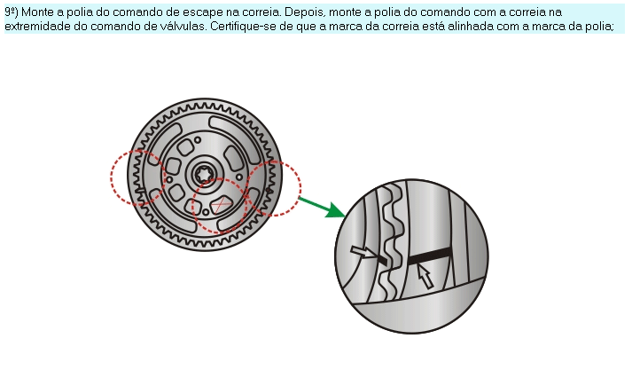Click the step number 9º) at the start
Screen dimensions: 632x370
[x=11, y=12]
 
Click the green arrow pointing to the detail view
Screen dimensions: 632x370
[x=321, y=207]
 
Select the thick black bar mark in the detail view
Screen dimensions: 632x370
[x=430, y=256]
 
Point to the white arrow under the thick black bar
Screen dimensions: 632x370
[x=425, y=276]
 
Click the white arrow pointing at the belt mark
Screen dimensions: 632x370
[x=363, y=252]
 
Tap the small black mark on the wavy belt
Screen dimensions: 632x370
[x=383, y=260]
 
